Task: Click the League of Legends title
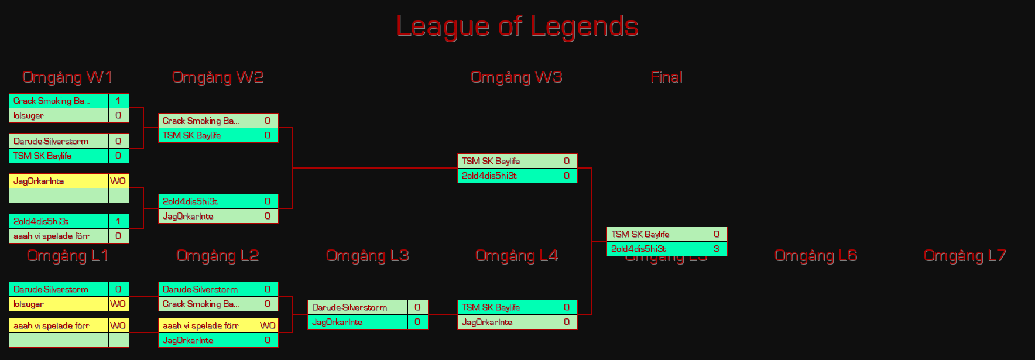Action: click(517, 26)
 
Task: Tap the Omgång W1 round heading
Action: click(67, 77)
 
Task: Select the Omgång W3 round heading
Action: click(516, 77)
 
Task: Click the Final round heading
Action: click(666, 77)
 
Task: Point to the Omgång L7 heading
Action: click(965, 256)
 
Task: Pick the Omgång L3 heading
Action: click(367, 256)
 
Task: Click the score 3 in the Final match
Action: click(717, 249)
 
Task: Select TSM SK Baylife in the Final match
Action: click(640, 234)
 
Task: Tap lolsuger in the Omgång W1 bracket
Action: click(29, 115)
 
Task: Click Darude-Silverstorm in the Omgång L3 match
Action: click(349, 307)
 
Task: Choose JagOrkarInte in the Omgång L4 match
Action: click(487, 322)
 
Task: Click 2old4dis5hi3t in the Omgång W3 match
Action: click(489, 176)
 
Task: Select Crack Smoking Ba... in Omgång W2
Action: click(201, 121)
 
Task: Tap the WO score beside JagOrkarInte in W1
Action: click(118, 181)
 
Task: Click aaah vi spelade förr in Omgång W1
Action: click(52, 236)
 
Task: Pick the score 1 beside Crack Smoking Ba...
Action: click(118, 101)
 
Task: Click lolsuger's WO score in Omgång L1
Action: click(118, 304)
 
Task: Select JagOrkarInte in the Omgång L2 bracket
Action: click(188, 340)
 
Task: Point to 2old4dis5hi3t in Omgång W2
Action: click(190, 201)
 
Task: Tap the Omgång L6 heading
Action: click(815, 256)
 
